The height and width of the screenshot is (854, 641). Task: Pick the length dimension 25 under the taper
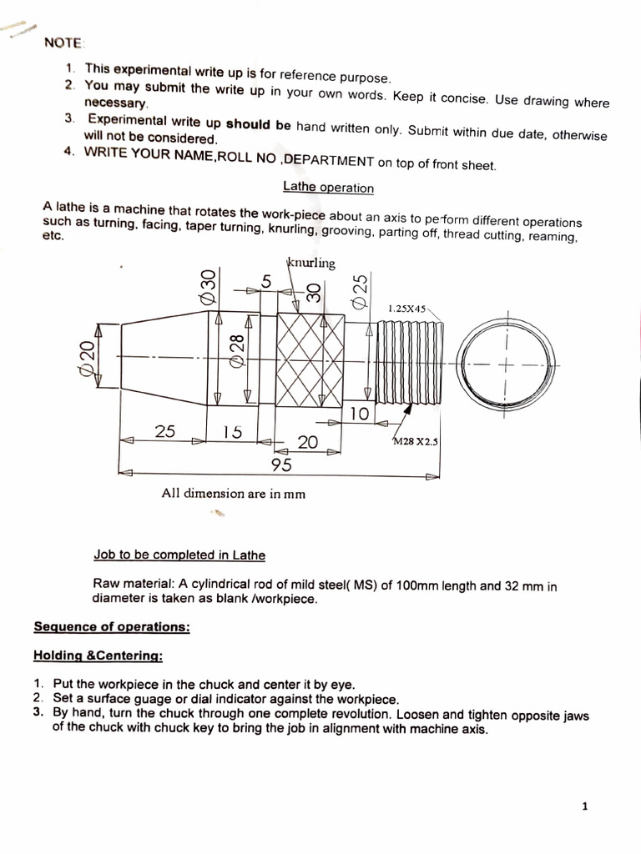click(x=166, y=430)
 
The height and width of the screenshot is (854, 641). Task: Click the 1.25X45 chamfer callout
click(x=406, y=309)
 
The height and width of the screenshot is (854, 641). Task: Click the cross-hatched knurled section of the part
click(x=310, y=359)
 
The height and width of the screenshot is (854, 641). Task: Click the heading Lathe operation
click(x=328, y=188)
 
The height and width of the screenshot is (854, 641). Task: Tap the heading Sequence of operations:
click(x=111, y=626)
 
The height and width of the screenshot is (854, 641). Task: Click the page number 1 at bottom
click(x=584, y=806)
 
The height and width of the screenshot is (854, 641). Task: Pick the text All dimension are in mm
click(x=233, y=493)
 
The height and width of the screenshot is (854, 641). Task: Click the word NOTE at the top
click(x=63, y=43)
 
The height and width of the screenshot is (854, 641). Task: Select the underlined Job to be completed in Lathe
click(x=180, y=555)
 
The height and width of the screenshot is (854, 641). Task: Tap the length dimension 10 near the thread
click(x=360, y=414)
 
